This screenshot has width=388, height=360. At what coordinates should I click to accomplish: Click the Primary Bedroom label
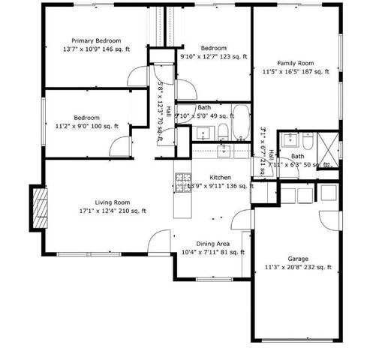point(96,40)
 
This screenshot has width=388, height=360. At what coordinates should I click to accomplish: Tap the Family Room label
point(295,63)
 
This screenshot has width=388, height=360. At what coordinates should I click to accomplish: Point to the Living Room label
point(113,202)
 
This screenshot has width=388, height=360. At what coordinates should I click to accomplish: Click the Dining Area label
point(213,244)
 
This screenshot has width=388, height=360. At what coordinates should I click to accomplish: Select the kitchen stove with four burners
point(183,181)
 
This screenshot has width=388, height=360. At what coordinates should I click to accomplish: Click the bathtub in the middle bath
point(242,123)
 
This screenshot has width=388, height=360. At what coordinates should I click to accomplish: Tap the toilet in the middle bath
point(223,133)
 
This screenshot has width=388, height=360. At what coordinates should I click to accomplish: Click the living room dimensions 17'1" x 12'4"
point(113,211)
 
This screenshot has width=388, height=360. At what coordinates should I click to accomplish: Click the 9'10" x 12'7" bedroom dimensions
point(213,55)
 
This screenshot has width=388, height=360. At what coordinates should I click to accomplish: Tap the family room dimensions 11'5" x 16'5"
point(296,72)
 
